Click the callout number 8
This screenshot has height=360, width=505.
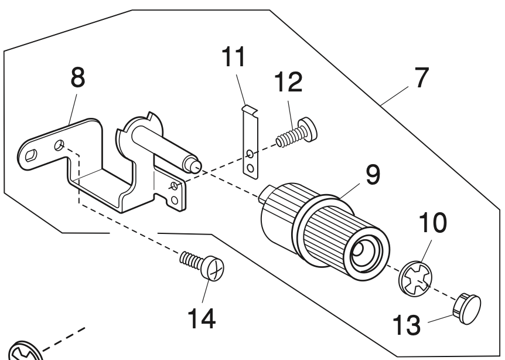77,77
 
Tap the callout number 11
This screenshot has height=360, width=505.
234,57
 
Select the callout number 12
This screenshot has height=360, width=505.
288,82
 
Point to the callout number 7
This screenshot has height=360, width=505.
422,77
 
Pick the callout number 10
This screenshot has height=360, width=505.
432,222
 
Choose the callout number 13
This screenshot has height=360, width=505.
407,325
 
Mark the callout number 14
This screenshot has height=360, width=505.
202,318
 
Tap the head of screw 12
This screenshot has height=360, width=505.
308,129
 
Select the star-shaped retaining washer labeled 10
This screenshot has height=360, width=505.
415,279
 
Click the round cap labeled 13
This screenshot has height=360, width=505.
468,308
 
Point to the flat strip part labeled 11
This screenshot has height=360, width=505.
251,142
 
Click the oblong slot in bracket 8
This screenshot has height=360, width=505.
31,155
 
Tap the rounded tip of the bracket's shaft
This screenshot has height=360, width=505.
196,166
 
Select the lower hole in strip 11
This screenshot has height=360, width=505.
250,168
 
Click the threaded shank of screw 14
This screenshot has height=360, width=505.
192,259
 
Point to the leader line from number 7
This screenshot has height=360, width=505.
394,96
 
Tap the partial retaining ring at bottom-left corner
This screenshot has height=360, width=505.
24,352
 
